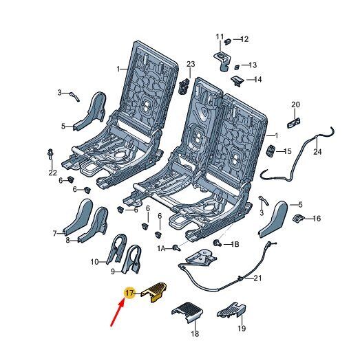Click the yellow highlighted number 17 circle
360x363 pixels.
coord(130,293)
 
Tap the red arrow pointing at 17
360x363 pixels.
coord(118,312)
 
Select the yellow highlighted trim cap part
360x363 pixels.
coord(154,292)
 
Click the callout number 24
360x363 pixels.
coord(317,152)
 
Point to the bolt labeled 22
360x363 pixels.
coord(50,154)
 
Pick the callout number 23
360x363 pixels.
coord(191,64)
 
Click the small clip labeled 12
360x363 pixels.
coord(228,41)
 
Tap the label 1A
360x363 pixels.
coord(161,249)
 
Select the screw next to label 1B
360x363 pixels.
coord(217,243)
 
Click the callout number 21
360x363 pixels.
coord(257,278)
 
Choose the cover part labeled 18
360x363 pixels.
coord(187,312)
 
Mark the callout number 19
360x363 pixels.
coord(242,328)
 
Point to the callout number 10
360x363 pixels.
coord(94,262)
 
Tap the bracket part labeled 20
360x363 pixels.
coord(294,123)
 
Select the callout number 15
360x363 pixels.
coord(287,151)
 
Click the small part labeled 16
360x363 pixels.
coord(299,218)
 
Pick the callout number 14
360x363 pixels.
coord(257,80)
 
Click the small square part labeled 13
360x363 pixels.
coord(237,67)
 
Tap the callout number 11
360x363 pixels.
coord(220,36)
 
